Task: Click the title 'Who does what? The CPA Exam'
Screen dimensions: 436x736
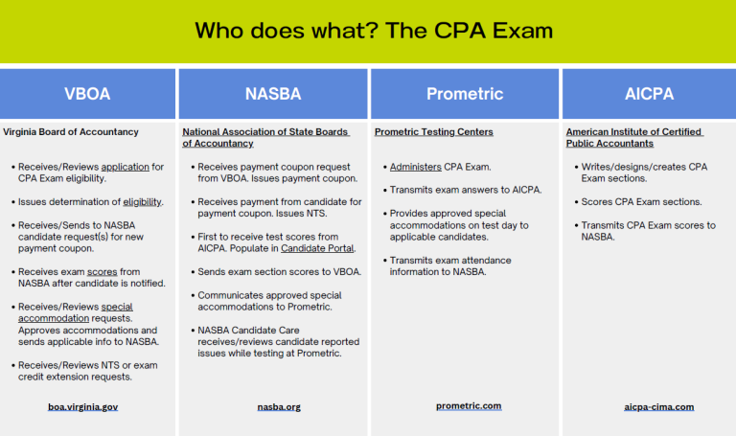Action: [x=374, y=30]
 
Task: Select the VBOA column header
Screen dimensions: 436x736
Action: [x=87, y=94]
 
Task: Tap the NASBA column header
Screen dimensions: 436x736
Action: [x=272, y=94]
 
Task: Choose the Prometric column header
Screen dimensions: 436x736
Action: [x=464, y=94]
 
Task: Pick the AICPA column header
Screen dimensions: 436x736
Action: [x=649, y=94]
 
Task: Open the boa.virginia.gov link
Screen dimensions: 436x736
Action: [x=82, y=407]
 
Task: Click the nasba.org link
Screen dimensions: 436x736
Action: [x=279, y=407]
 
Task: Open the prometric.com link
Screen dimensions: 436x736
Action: [x=469, y=405]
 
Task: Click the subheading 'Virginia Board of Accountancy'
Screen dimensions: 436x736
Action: [x=71, y=131]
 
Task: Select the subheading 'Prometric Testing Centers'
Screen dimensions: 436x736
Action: [x=433, y=131]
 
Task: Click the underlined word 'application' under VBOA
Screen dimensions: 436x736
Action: [x=125, y=167]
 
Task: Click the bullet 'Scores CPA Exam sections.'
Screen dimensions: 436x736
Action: [x=641, y=202]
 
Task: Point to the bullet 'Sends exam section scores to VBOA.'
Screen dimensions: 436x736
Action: [x=280, y=271]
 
